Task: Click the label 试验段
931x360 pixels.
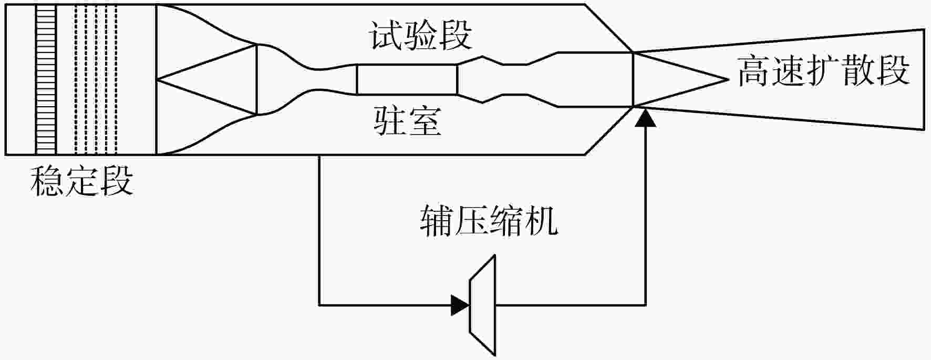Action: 420,35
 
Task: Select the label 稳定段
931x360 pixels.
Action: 82,181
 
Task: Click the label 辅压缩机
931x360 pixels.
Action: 489,220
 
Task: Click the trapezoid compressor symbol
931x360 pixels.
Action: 482,305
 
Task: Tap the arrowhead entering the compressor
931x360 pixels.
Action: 460,305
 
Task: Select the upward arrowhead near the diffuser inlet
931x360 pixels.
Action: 646,118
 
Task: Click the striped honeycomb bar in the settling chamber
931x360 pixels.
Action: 46,79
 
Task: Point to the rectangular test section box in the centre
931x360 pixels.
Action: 407,79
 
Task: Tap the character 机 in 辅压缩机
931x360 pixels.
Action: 542,220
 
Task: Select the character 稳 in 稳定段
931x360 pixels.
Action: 47,181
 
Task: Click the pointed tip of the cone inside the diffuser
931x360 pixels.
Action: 729,79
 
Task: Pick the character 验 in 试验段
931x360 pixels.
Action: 420,35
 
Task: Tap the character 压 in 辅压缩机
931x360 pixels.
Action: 471,220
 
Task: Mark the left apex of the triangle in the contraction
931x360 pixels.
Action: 157,79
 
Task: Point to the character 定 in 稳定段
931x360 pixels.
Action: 82,181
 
